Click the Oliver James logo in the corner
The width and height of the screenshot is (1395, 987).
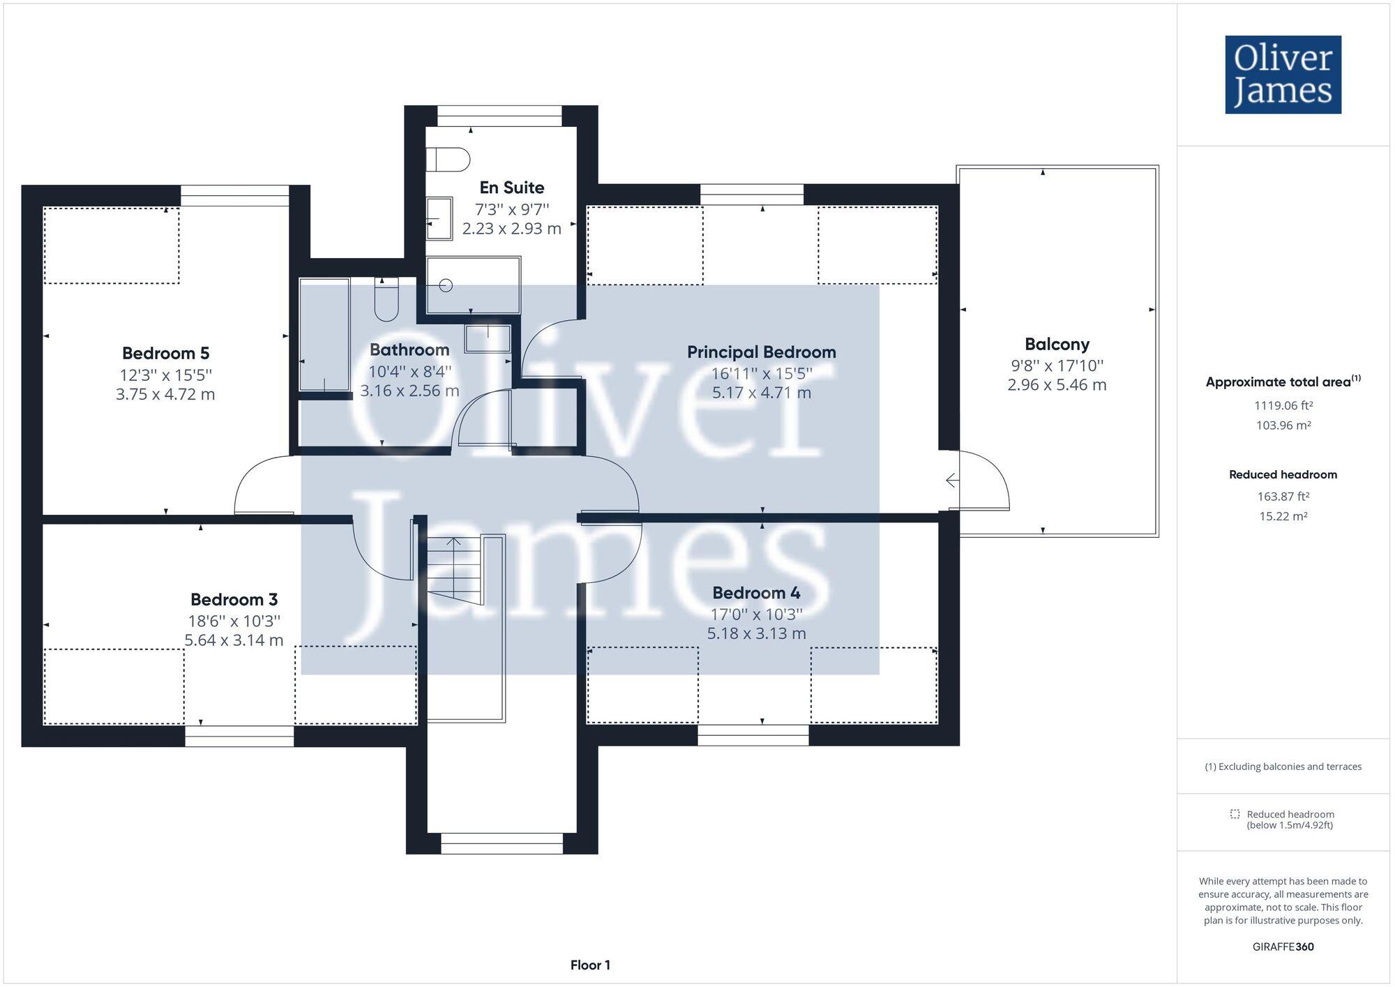point(1283,75)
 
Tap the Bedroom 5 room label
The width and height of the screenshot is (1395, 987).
point(165,353)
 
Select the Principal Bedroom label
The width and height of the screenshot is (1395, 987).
point(761,352)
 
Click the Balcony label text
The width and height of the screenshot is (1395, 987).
point(1056,344)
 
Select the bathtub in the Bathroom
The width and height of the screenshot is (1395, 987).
point(324,335)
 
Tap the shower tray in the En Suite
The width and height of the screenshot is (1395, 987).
point(473,285)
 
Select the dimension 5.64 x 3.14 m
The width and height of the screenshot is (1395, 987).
point(234,640)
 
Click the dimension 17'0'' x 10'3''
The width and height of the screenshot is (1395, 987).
point(756,614)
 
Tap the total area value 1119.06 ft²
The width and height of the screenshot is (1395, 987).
point(1283,405)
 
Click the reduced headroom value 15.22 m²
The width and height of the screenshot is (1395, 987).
point(1283,516)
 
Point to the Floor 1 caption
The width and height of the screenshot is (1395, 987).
point(590,965)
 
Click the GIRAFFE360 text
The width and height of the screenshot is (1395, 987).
point(1283,947)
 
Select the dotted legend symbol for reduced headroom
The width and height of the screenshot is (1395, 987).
point(1235,814)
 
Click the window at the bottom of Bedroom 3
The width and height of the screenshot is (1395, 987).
point(239,736)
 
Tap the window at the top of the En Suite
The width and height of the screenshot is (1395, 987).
point(499,116)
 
